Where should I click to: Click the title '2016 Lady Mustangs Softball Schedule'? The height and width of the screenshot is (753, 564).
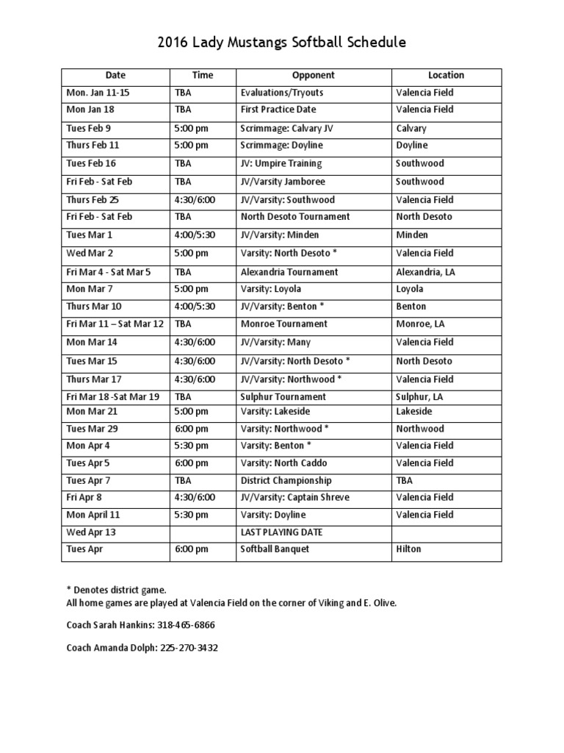(281, 43)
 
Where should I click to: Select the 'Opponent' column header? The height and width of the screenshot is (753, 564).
(313, 75)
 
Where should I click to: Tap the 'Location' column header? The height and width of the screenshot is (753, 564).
(446, 75)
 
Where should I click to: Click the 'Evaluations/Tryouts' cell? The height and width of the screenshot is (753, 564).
(282, 93)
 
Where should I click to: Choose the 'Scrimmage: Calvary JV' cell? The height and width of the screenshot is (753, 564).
(287, 128)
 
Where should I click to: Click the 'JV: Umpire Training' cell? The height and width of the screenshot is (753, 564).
(281, 163)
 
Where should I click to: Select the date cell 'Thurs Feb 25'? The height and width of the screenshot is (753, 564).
(93, 200)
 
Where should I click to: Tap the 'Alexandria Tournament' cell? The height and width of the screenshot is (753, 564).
(289, 271)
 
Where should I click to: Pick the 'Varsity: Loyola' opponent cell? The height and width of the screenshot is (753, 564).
(271, 289)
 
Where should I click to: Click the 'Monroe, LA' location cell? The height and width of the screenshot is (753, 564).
(420, 324)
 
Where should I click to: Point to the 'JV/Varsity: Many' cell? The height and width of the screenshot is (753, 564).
(275, 342)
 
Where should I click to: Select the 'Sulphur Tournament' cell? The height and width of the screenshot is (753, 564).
(283, 396)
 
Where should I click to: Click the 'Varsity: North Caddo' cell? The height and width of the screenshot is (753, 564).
(284, 463)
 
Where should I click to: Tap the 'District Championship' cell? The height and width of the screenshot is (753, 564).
(286, 480)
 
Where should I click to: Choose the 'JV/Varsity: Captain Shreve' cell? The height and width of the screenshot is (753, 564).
(295, 497)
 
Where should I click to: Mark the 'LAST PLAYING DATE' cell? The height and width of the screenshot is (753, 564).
(282, 532)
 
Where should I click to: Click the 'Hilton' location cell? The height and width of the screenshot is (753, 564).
(409, 549)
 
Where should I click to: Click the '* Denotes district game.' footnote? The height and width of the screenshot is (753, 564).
(116, 590)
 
